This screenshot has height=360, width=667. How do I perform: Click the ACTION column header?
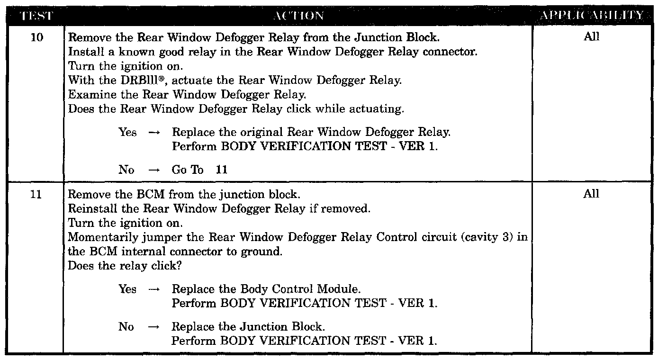coord(298,16)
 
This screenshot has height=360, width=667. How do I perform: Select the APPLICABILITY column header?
coord(592,16)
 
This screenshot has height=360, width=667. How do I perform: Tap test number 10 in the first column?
coord(36,37)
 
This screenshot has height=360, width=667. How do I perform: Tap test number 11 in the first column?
coord(36,194)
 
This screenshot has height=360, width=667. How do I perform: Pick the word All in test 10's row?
coord(592,37)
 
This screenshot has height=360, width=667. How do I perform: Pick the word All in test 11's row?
coord(592,194)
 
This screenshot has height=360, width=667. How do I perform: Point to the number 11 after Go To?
coord(221,170)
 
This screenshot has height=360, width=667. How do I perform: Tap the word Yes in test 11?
coord(127,289)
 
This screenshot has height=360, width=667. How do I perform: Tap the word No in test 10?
coord(126,170)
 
